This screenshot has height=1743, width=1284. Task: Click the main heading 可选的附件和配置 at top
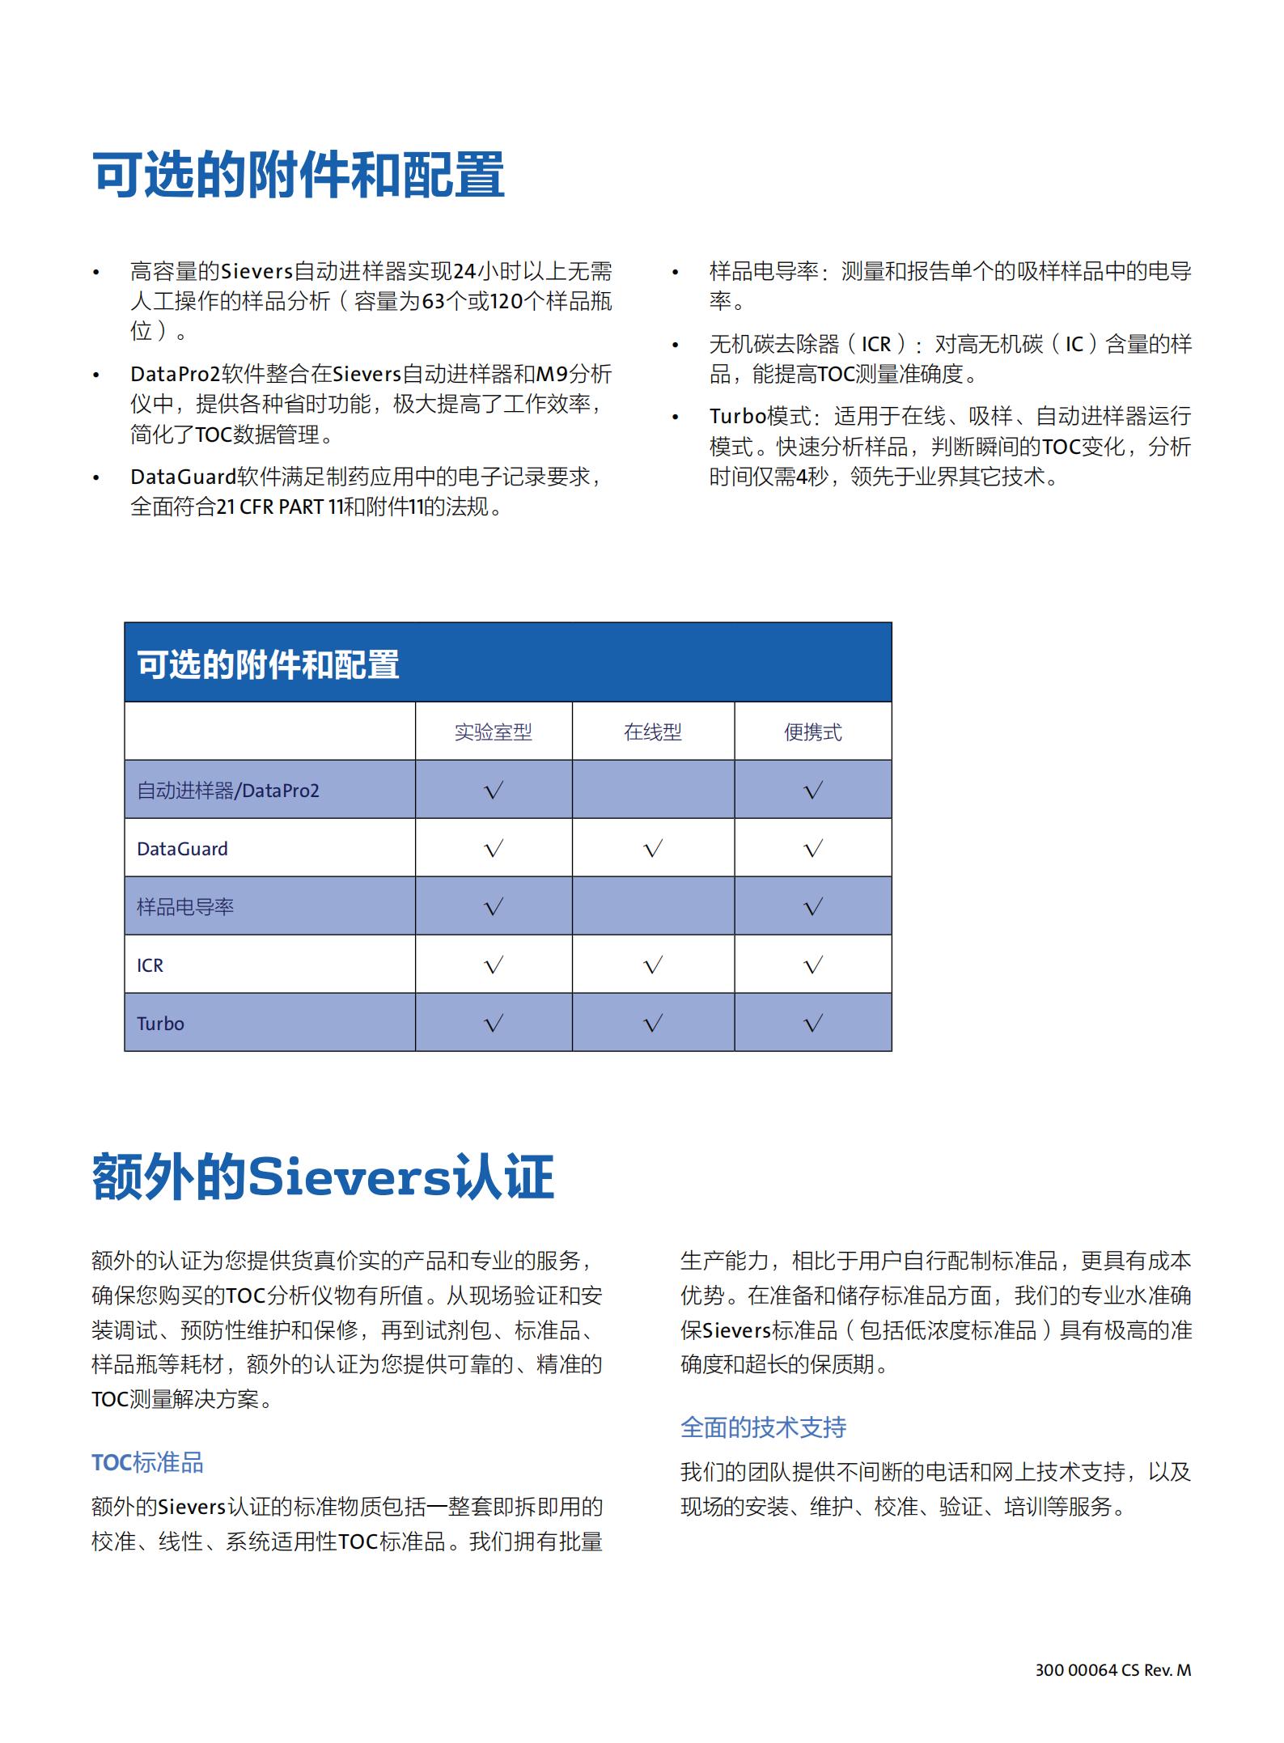tap(299, 174)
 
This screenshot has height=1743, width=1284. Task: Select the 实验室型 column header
tap(493, 732)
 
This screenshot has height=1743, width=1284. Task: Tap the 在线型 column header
tap(652, 732)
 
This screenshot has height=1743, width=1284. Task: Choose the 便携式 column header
tap(812, 732)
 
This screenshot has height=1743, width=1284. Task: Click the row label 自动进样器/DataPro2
tap(227, 791)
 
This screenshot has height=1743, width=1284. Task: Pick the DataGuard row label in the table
tap(182, 849)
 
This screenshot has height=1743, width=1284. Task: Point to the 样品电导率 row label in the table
tap(185, 907)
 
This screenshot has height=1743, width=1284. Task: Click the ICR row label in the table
tap(150, 965)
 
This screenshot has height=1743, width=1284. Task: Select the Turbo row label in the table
tap(160, 1024)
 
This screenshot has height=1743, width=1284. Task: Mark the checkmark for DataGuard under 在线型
tap(653, 849)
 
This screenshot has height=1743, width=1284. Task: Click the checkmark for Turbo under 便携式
tap(813, 1024)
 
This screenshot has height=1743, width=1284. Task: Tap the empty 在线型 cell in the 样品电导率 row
tap(653, 907)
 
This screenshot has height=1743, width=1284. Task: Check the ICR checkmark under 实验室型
tap(494, 965)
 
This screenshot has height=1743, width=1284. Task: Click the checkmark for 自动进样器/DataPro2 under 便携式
tap(813, 791)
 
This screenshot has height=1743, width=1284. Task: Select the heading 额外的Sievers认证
tap(323, 1177)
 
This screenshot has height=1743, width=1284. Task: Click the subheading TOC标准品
tap(147, 1462)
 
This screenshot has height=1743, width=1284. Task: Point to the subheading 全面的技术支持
tap(763, 1427)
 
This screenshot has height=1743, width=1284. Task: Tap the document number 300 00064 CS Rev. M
tap(1112, 1669)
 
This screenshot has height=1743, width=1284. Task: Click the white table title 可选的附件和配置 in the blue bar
tap(268, 664)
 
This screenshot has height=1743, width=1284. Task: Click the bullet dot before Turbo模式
tap(676, 418)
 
